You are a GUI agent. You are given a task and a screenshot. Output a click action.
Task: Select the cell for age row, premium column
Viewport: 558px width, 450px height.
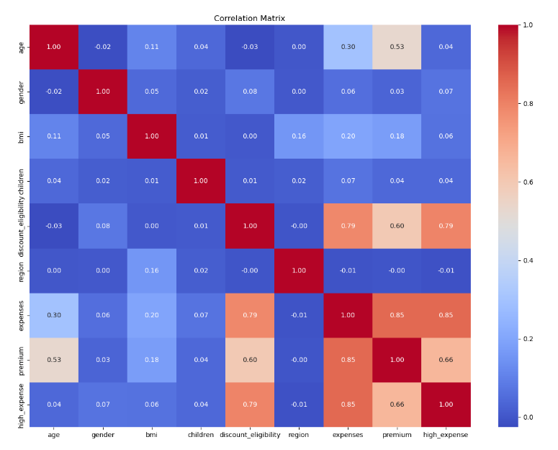click(397, 47)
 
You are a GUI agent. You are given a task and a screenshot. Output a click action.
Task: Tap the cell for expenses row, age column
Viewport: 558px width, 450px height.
click(54, 315)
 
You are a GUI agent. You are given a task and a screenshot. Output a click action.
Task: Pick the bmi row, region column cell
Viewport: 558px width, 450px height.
click(299, 136)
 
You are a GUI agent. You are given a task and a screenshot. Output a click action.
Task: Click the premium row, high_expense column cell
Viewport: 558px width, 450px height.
click(446, 360)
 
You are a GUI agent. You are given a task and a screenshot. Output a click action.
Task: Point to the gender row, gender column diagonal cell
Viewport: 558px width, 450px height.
click(103, 92)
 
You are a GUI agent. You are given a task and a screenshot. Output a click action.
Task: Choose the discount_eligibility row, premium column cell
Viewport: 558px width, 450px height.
click(397, 226)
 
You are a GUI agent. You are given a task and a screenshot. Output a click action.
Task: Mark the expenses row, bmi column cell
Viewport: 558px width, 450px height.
click(152, 315)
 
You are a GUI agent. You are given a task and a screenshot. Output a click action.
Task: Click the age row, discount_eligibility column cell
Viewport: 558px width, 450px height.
click(250, 47)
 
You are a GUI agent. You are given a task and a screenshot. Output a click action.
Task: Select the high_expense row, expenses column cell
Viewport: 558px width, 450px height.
click(348, 405)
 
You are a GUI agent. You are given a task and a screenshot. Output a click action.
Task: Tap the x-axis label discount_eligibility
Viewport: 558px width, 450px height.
click(250, 435)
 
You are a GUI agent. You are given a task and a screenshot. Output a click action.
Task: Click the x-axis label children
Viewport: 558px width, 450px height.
click(201, 435)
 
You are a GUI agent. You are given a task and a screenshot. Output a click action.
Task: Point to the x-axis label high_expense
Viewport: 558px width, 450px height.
click(446, 435)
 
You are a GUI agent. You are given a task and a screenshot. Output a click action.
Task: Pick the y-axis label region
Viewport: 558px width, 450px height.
click(22, 270)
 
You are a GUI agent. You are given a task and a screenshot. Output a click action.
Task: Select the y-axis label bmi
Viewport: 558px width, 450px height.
click(22, 136)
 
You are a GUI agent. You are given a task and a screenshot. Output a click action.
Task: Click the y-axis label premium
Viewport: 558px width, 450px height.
click(22, 360)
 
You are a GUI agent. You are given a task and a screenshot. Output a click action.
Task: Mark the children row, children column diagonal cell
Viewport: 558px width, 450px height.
click(201, 181)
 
